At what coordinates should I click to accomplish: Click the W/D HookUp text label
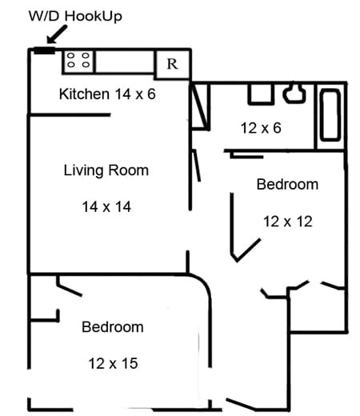point(75,17)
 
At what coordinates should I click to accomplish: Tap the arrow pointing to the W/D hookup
point(57,34)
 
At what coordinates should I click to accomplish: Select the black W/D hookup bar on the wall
point(45,50)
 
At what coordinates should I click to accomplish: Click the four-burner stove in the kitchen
point(78,61)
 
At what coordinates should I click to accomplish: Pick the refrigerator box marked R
point(172,64)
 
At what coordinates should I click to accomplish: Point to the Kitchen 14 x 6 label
point(107,94)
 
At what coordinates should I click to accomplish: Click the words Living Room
point(106,170)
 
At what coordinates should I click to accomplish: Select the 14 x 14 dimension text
point(106,207)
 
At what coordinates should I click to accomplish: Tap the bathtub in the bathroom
point(330,115)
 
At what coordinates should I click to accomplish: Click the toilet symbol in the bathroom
point(294,93)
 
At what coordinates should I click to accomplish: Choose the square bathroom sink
point(261,94)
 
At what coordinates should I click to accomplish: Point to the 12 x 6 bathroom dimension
point(261,128)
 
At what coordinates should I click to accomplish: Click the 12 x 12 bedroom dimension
point(288,222)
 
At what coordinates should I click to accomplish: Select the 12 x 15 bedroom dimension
point(113,363)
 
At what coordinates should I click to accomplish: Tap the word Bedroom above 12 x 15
point(113,327)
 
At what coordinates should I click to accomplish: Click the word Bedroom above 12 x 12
point(287,185)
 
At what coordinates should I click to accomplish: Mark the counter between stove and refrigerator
point(125,62)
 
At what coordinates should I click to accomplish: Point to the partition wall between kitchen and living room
point(70,115)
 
